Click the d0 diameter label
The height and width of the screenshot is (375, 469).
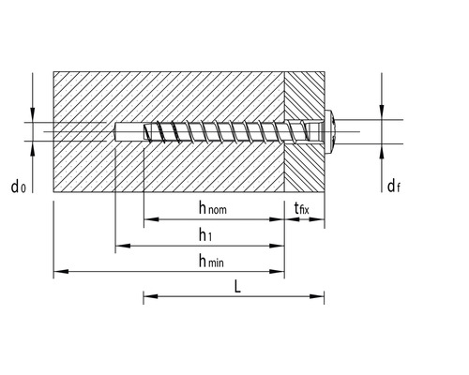(x=18, y=187)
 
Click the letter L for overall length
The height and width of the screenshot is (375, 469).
(x=237, y=287)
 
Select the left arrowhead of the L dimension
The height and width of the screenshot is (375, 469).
(x=148, y=299)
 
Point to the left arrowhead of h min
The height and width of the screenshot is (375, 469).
(x=59, y=273)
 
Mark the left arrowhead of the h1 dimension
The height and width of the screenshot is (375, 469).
(x=121, y=247)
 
